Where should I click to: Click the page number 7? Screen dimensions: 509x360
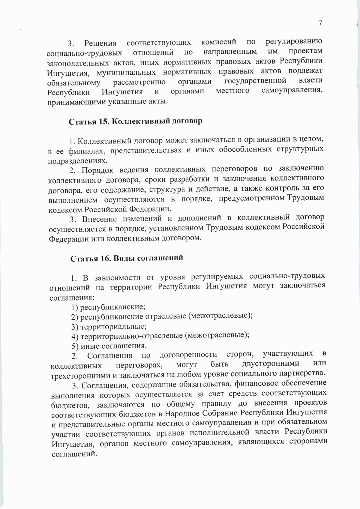pyautogui.click(x=320, y=23)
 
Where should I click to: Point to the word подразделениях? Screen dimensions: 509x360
pyautogui.click(x=77, y=160)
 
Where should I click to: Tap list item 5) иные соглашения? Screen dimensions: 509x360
pyautogui.click(x=109, y=346)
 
